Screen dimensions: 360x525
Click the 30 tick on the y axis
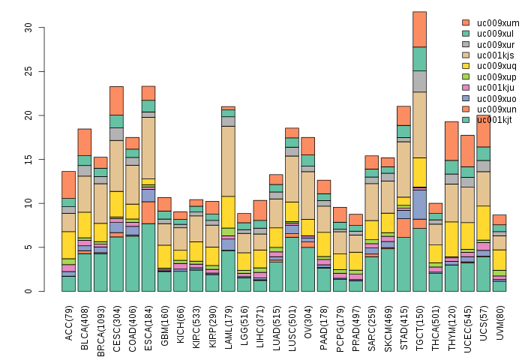pos(28,28)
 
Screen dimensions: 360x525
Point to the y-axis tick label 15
pos(28,160)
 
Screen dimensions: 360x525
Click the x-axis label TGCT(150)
pos(421,328)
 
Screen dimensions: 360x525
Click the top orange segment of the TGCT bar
pos(419,29)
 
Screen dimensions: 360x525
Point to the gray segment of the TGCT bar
pos(419,81)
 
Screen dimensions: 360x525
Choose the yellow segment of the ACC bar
pos(68,244)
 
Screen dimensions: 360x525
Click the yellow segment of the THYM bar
pos(451,239)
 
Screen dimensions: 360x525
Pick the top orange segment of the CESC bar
pos(116,100)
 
